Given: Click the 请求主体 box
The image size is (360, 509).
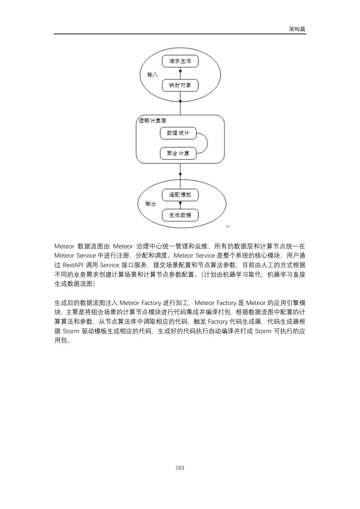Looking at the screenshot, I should [x=180, y=61].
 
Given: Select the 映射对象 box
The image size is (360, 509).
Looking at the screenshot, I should [x=180, y=85].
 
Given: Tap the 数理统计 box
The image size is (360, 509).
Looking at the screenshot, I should [x=178, y=133].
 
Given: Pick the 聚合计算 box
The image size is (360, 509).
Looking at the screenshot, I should [x=178, y=153].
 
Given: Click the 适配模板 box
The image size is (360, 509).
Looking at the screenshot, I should [x=180, y=195].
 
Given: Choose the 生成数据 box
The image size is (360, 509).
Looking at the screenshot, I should [x=180, y=215].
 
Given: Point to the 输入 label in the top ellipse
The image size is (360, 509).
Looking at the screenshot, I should [x=153, y=75].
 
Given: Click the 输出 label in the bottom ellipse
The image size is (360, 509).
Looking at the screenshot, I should [x=151, y=204].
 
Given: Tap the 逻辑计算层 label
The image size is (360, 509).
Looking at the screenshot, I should [x=153, y=121].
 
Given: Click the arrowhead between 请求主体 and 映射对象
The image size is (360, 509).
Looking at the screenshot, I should [x=180, y=72].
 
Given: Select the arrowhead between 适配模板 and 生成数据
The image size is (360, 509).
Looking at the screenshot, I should [x=180, y=204].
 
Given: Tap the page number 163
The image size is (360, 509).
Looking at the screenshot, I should [x=180, y=468].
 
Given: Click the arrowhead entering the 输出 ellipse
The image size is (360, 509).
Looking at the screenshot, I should [x=180, y=174].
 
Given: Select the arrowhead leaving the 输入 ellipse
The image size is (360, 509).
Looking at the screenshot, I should [x=180, y=101].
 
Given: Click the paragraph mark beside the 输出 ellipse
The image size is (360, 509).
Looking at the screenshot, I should [x=228, y=226].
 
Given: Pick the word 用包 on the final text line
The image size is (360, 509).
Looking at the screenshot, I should [x=61, y=341].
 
